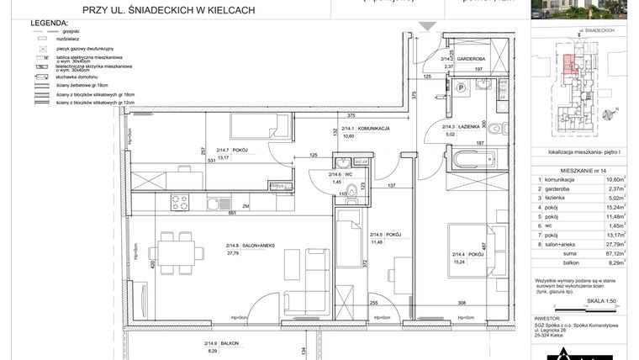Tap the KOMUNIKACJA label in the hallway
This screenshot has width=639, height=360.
[372, 129]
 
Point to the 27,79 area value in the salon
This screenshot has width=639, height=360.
[233, 252]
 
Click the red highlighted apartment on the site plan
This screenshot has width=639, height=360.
[570, 63]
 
